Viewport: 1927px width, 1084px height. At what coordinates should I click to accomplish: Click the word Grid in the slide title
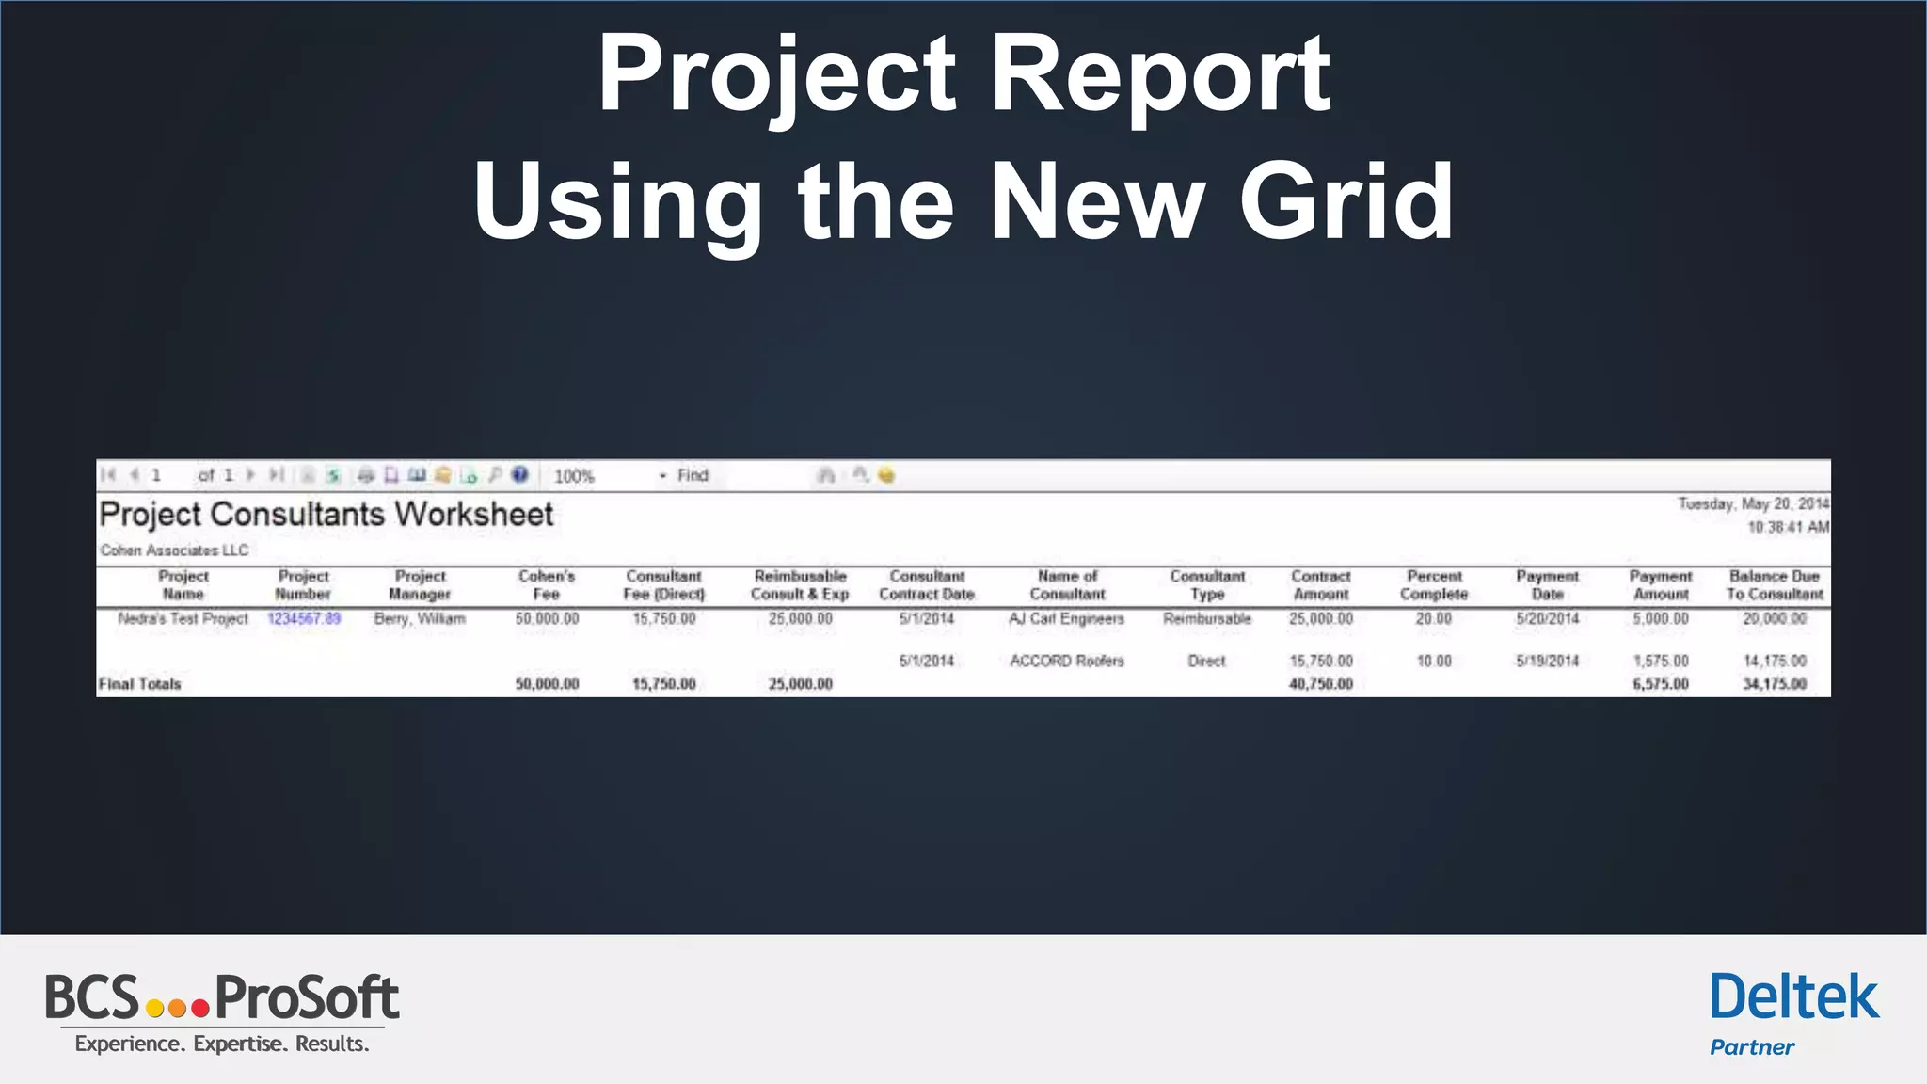(x=1346, y=201)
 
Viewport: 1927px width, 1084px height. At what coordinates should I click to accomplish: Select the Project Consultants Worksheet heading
(x=326, y=515)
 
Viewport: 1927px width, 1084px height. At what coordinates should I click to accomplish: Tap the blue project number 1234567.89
(x=304, y=619)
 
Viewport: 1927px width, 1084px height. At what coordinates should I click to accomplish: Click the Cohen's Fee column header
(x=547, y=585)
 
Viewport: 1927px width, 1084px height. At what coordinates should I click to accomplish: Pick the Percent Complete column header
(x=1434, y=585)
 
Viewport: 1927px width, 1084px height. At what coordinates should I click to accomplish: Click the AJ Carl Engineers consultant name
(x=1066, y=619)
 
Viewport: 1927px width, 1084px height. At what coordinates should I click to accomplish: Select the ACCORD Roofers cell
(x=1067, y=662)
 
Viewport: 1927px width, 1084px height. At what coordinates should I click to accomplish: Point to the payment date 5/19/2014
(x=1547, y=662)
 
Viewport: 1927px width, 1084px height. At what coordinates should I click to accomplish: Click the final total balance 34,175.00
(x=1775, y=684)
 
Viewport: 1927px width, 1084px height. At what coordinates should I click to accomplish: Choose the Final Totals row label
(x=139, y=684)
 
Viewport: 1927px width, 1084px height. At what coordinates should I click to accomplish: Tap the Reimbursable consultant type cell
(x=1207, y=619)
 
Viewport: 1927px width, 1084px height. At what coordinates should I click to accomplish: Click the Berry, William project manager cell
(x=420, y=619)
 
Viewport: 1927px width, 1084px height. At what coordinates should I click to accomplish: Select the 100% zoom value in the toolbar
(x=574, y=476)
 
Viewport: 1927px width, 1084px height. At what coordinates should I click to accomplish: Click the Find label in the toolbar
(x=693, y=476)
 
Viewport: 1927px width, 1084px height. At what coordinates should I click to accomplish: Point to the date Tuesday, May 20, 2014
(x=1753, y=504)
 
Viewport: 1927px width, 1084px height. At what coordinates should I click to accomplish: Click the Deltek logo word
(x=1794, y=998)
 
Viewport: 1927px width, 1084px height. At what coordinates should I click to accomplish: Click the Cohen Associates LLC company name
(x=174, y=550)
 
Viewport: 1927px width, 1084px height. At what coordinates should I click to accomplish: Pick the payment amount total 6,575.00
(x=1661, y=684)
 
